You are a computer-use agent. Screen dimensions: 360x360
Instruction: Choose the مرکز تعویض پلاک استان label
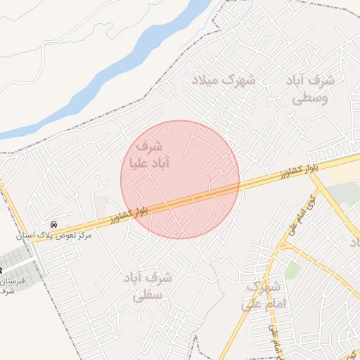pyautogui.click(x=56, y=235)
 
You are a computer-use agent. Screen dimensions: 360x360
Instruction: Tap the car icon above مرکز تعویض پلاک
pyautogui.click(x=55, y=224)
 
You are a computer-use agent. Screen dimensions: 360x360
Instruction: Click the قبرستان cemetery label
pyautogui.click(x=13, y=281)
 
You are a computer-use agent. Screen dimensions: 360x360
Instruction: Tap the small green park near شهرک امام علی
pyautogui.click(x=292, y=269)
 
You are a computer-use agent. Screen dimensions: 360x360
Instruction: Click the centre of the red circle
pyautogui.click(x=180, y=179)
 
